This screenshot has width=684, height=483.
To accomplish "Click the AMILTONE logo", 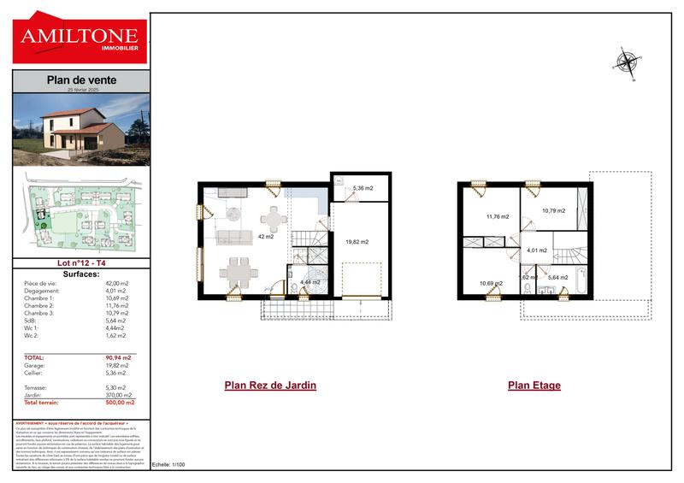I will tap(81, 38).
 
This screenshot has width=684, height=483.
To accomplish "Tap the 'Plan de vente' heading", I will tap(81, 80).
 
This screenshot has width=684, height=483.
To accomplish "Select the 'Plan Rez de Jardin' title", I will tap(270, 385).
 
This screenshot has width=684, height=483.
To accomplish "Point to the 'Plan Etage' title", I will tap(534, 385).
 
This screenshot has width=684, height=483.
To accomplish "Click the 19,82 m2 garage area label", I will tap(357, 242).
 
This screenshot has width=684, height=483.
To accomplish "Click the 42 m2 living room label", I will tap(265, 236).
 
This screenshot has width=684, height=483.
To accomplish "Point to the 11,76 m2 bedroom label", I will tap(497, 217).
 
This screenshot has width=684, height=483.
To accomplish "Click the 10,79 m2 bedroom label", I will tap(553, 210).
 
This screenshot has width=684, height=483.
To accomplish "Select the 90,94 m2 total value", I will tap(120, 357).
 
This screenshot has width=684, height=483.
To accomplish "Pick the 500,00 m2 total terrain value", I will tap(120, 401).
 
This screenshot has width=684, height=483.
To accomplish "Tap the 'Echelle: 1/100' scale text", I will tap(168, 464).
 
